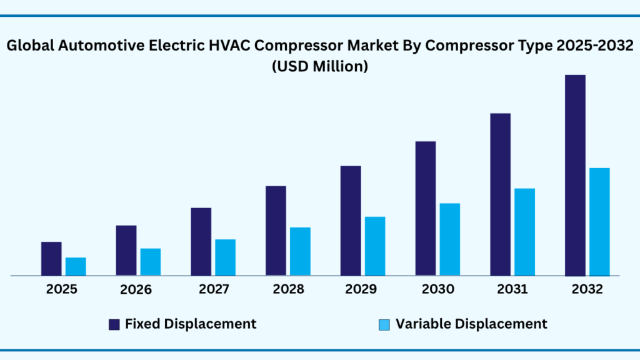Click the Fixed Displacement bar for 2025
pos(51,259)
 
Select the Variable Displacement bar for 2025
pos(76,266)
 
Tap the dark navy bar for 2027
pos(201,241)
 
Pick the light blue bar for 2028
pos(300,251)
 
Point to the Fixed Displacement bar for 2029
pos(351,221)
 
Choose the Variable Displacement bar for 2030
pos(450,239)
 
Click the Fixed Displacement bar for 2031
pos(500,194)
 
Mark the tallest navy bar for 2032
pos(575,175)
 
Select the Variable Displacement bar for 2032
pos(599,222)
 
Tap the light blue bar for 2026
pos(151,262)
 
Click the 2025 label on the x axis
pos(61,289)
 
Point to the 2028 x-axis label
pos(288,289)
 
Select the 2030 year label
pos(437,289)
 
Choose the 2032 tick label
pos(587,289)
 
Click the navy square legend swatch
pos(114,324)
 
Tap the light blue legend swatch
pos(384,324)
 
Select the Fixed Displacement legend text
pos(191,324)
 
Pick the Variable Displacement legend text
pos(471,324)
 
